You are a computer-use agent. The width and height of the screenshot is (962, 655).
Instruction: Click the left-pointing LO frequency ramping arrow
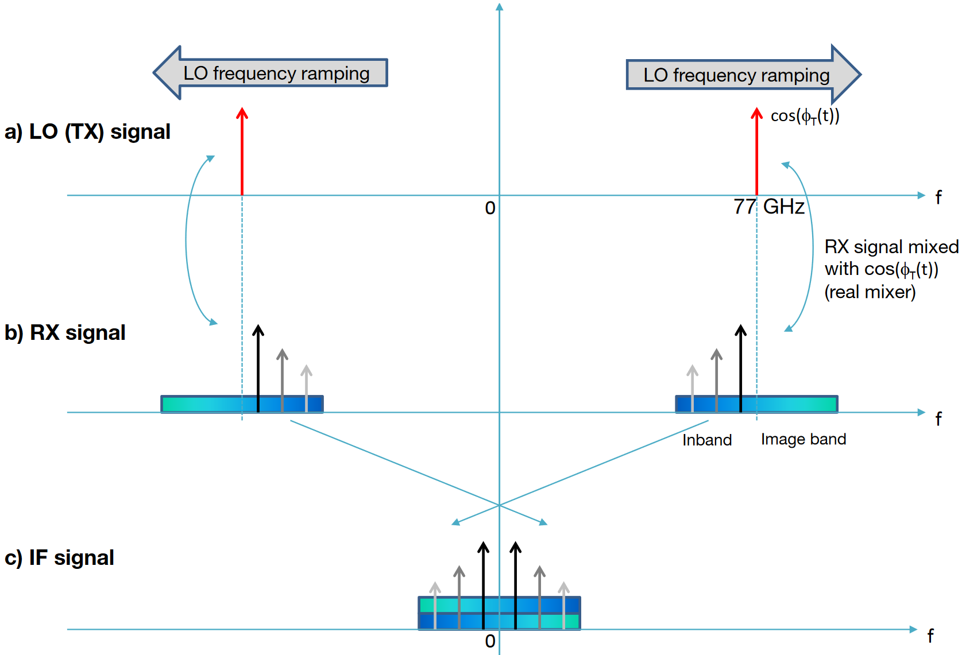click(270, 73)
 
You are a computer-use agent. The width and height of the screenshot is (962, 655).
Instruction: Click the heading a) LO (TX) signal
click(87, 131)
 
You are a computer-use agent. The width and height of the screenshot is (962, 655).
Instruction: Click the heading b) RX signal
click(65, 332)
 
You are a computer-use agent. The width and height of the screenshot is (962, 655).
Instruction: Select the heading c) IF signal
click(59, 557)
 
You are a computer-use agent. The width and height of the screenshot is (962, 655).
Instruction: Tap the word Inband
click(706, 440)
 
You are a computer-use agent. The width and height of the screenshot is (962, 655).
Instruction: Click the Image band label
click(803, 439)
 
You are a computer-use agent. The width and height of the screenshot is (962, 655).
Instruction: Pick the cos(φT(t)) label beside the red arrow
click(805, 116)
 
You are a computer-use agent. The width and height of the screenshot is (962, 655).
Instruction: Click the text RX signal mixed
click(891, 247)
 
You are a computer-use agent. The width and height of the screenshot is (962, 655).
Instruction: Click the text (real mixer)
click(870, 292)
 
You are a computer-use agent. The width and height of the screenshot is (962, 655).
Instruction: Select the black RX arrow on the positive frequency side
click(740, 367)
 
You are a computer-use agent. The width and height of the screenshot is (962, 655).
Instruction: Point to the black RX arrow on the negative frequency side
click(258, 367)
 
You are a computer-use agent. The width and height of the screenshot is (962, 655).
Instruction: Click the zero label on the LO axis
click(490, 208)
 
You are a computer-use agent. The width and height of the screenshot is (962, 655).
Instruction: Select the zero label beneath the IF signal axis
click(490, 641)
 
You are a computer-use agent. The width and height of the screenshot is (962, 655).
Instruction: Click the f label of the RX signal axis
click(938, 418)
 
